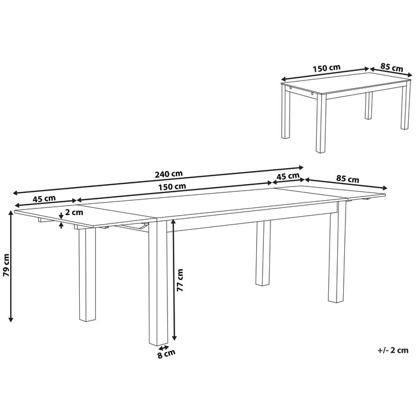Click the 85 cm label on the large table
coord(347,179)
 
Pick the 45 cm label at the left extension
coord(44,198)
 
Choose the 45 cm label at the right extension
coord(288,176)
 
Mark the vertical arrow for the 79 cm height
coord(12,267)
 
